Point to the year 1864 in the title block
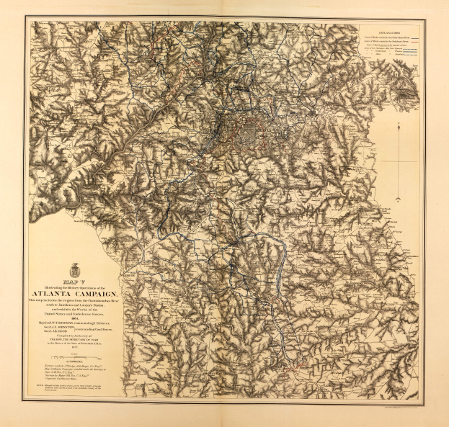pos(76,325)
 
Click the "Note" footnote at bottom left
pos(76,393)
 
